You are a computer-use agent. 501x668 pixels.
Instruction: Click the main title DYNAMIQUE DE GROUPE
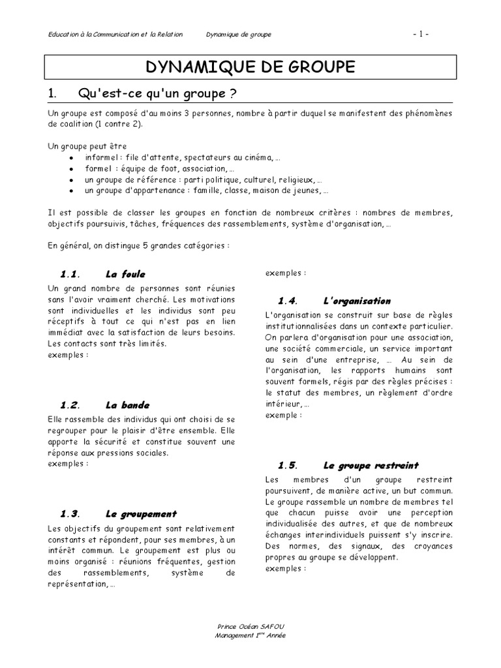(250, 67)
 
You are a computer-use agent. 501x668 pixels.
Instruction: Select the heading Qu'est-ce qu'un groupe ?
(157, 95)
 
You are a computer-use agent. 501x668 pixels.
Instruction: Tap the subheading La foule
(125, 274)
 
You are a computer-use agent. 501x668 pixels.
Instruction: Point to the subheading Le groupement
(140, 513)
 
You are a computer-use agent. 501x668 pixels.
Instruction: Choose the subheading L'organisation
(356, 301)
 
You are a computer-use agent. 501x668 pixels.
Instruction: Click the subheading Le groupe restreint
(371, 465)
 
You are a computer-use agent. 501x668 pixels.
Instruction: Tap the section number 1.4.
(287, 301)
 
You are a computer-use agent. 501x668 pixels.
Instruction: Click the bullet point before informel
(71, 158)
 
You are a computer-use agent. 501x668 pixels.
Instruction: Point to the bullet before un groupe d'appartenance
(71, 191)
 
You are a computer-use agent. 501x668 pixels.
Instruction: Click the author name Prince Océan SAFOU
(250, 626)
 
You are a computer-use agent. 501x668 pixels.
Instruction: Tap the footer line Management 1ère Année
(250, 635)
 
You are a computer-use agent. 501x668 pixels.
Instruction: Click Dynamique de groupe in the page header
(238, 34)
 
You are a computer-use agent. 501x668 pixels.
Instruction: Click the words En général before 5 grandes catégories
(67, 247)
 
